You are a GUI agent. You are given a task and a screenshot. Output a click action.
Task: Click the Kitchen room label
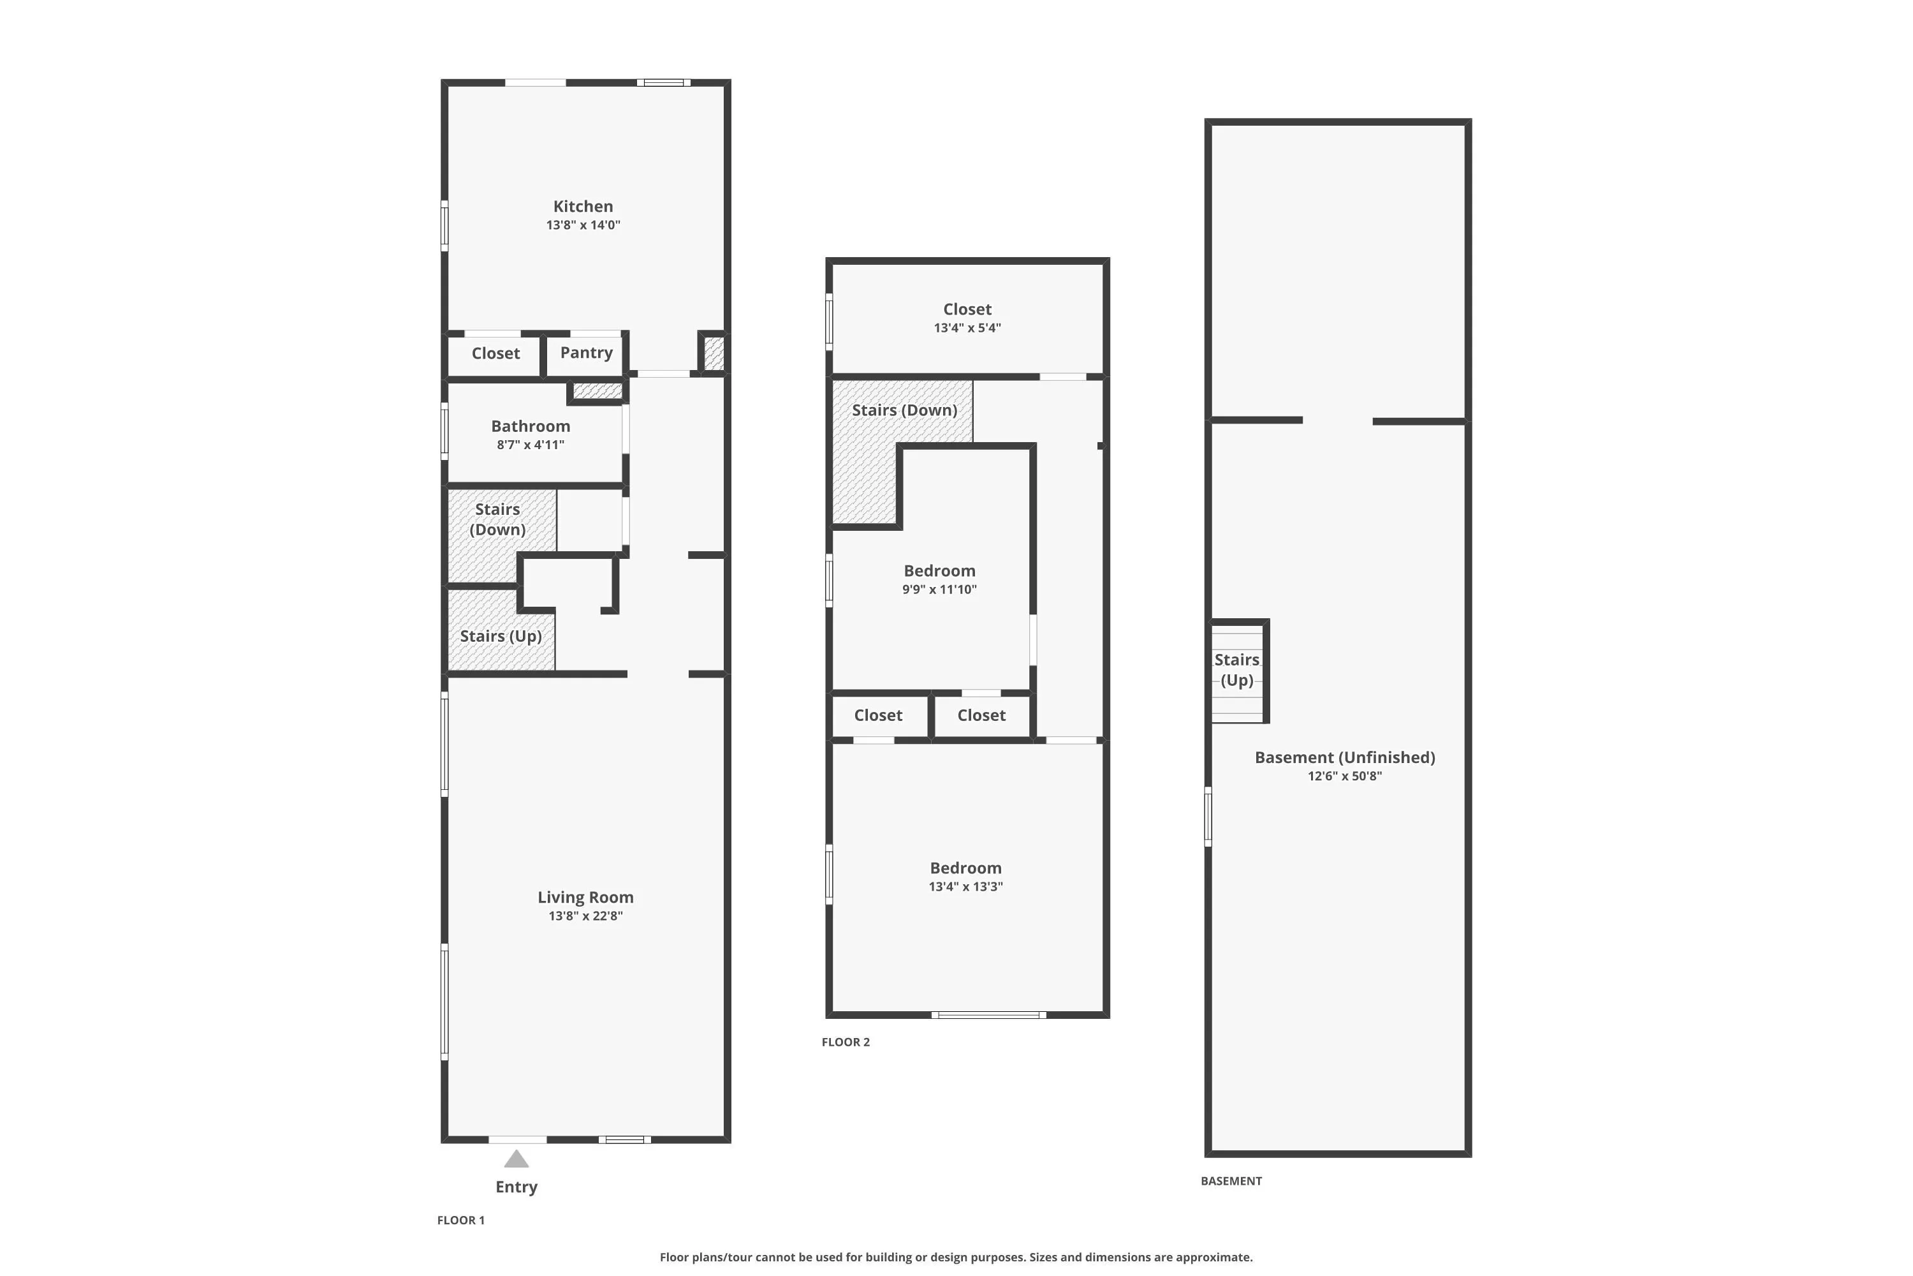point(583,207)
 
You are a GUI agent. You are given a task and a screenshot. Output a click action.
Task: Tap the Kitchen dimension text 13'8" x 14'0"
point(583,225)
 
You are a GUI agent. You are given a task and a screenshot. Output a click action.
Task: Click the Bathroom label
point(531,426)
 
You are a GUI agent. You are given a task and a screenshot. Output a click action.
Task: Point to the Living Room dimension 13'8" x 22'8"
point(585,916)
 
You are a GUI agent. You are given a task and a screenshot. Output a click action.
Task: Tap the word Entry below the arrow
point(517,1187)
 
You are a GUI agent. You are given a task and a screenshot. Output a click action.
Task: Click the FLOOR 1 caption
point(461,1220)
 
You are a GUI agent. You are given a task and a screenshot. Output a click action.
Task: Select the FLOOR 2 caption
point(846,1042)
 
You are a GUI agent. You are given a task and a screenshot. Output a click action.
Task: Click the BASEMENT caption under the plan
point(1231,1181)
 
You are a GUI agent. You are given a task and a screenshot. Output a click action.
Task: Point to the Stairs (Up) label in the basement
point(1237,670)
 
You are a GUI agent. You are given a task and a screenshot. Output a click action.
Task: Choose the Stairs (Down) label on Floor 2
point(904,410)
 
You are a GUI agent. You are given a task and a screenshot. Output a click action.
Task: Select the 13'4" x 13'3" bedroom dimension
point(966,887)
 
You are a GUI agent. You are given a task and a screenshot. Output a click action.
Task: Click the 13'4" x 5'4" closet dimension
point(967,328)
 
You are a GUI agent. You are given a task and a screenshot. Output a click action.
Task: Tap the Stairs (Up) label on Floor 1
point(501,636)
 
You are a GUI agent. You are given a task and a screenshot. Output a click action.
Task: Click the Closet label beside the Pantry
point(495,353)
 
